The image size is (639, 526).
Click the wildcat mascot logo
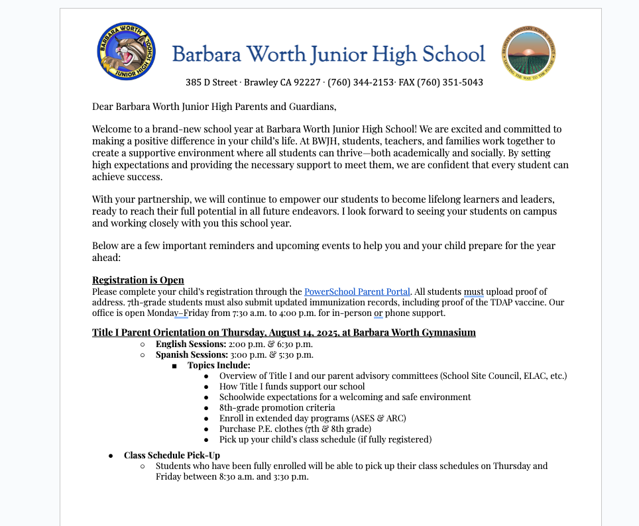[x=126, y=52]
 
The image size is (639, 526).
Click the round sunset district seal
[x=528, y=53]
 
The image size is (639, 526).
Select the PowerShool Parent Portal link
[x=357, y=291]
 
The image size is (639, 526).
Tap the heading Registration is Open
[x=138, y=280]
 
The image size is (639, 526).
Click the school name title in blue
[x=328, y=54]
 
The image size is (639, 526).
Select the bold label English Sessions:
[x=191, y=344]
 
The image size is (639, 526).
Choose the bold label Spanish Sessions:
[x=192, y=354]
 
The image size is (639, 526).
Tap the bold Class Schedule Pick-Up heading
[x=172, y=455]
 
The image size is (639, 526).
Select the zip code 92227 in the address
[x=307, y=83]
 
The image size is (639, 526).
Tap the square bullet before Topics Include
[x=174, y=366]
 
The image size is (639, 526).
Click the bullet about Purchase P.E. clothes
[x=295, y=429]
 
